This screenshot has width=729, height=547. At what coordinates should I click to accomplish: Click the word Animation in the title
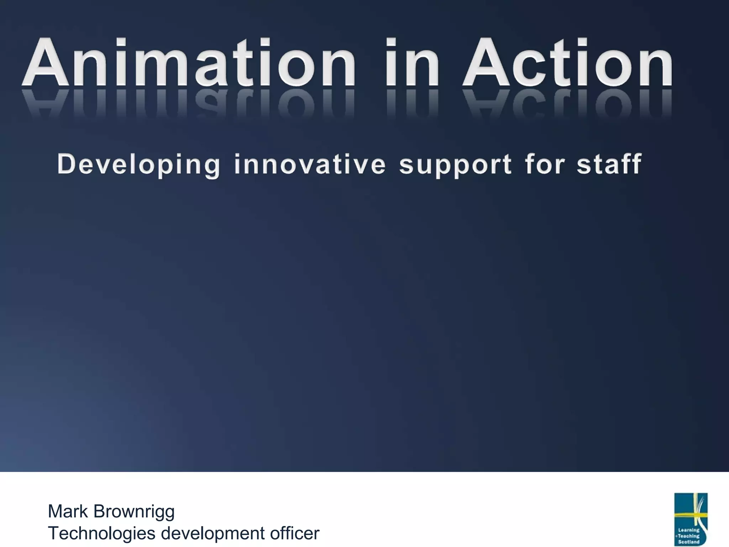coord(189,63)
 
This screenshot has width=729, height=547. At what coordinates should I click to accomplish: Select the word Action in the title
coord(568,63)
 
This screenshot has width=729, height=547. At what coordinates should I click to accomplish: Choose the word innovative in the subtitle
coord(310,165)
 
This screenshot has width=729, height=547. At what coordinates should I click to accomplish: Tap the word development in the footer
coord(213,533)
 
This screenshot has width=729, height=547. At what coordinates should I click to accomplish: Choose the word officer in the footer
coord(295,533)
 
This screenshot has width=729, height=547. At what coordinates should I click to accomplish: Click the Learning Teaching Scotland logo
coord(691,519)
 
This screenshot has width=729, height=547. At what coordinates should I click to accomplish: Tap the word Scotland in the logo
coord(689,542)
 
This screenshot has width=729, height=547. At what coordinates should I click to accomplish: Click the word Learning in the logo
coord(689,530)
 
